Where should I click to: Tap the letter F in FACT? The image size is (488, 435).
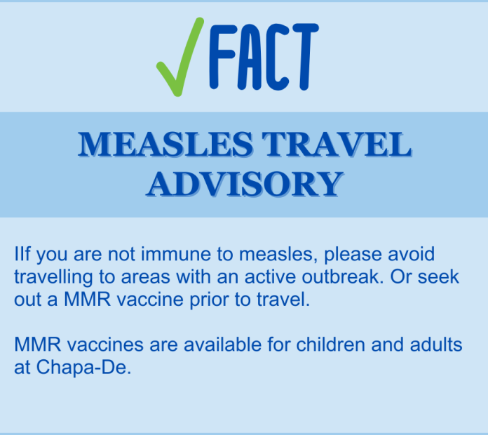[x=223, y=57]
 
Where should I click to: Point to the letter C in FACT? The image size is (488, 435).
[x=277, y=57]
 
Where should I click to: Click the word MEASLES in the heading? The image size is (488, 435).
[x=165, y=144]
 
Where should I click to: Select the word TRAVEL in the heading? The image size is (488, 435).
[x=337, y=144]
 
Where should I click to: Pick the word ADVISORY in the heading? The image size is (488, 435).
[x=245, y=184]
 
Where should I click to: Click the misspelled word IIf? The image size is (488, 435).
[x=22, y=254]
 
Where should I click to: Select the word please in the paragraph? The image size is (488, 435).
[x=353, y=255]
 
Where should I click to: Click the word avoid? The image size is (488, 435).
[x=411, y=254]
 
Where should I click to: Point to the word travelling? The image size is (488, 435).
[x=53, y=278]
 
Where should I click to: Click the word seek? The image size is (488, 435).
[x=438, y=276]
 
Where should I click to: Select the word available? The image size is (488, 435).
[x=222, y=344]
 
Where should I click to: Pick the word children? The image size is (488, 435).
[x=330, y=344]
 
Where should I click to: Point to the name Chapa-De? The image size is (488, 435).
[x=83, y=368]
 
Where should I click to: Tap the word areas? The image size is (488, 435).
[x=145, y=278]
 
